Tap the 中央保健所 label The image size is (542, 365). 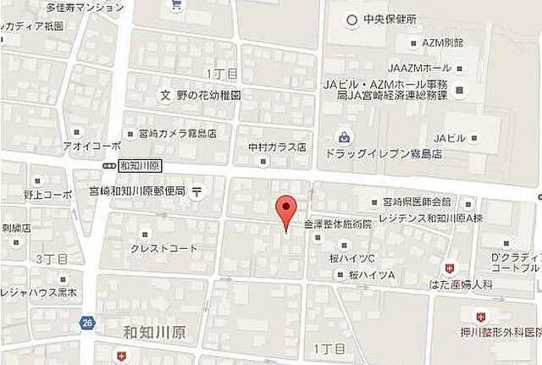[x=390, y=19]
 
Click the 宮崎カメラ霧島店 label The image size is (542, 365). [x=177, y=133]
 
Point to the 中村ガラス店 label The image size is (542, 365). [x=277, y=147]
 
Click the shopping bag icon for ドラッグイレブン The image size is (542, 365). [x=344, y=135]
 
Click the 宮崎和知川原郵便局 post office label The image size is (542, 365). [x=137, y=191]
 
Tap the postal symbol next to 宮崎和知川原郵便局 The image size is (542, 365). [x=196, y=190]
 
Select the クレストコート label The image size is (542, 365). [x=163, y=248]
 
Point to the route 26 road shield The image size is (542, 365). [x=88, y=322]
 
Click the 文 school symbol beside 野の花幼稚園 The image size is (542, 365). [x=166, y=95]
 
